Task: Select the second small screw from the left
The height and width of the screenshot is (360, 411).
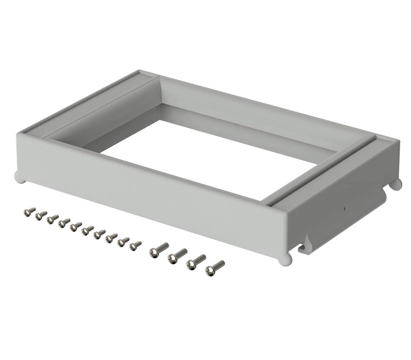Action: pos(41,215)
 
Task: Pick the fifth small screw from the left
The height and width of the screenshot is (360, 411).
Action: pos(76,226)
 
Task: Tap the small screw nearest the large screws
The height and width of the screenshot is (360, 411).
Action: pos(136,245)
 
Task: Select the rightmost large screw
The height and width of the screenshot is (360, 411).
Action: pos(215,267)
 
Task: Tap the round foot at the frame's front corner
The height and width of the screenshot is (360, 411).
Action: pos(283,260)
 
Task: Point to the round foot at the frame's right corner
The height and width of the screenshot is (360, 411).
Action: pos(396,183)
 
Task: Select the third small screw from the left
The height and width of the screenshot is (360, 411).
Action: pos(53,219)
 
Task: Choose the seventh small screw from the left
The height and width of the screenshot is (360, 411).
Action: pos(99,234)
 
